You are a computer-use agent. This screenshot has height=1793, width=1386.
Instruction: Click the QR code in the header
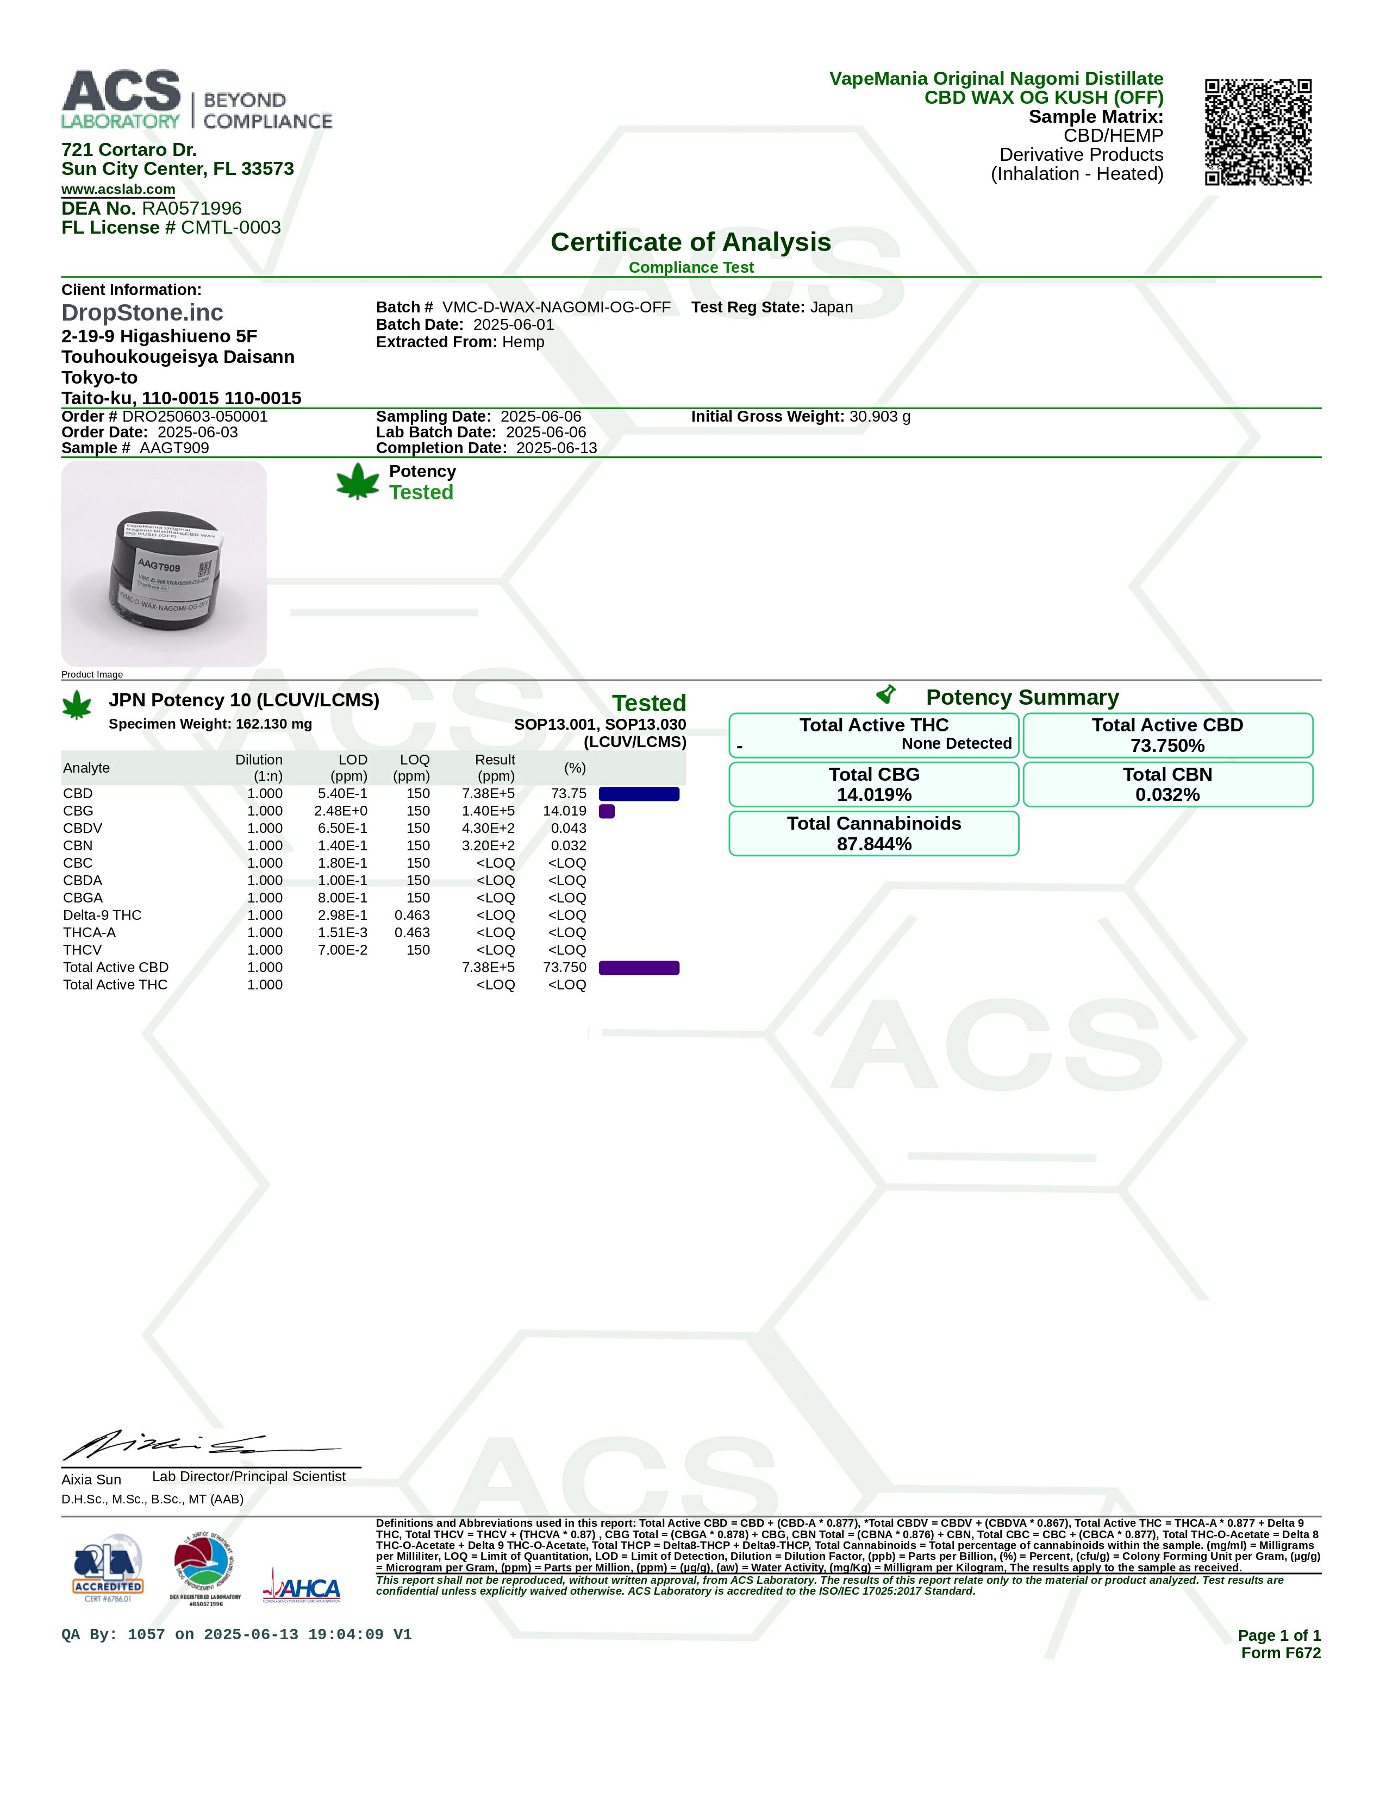click(1257, 132)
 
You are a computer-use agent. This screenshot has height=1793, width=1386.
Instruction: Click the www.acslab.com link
click(118, 189)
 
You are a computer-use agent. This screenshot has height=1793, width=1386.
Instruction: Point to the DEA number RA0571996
click(191, 209)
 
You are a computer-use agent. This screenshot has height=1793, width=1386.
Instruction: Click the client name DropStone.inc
click(142, 313)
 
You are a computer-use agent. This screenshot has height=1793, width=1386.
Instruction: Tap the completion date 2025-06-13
click(556, 448)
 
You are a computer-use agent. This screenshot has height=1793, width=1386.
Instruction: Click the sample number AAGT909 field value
click(174, 448)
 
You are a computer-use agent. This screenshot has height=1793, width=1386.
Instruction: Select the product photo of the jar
click(164, 563)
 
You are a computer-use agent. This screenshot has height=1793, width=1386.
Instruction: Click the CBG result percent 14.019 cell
click(564, 811)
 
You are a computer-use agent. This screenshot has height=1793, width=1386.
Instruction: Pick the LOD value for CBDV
click(342, 829)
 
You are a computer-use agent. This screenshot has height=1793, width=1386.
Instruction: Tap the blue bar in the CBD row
click(639, 794)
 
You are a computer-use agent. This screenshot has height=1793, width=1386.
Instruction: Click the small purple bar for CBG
click(607, 811)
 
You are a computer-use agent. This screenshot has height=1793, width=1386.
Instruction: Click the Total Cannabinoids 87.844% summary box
click(873, 834)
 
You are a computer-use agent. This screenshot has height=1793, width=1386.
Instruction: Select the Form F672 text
click(1280, 1653)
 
